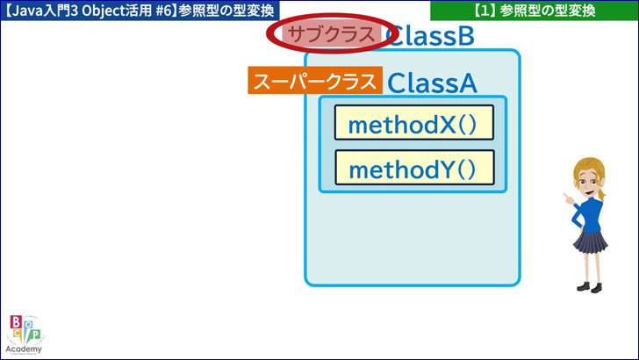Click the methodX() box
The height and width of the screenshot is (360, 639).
click(414, 122)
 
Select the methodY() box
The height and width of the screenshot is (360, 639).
click(414, 168)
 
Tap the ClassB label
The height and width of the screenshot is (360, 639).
click(430, 35)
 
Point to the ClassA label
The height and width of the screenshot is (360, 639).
click(432, 83)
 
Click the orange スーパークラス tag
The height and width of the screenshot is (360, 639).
click(315, 80)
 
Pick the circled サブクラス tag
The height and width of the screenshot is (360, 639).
click(332, 34)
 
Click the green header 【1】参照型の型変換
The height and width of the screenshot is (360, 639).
click(535, 11)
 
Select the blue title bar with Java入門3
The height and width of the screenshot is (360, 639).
click(140, 11)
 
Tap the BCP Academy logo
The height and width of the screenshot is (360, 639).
click(25, 334)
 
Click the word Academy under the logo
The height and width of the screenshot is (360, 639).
click(24, 349)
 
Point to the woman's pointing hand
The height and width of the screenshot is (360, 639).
click(569, 198)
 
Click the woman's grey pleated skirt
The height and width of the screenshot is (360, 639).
click(591, 241)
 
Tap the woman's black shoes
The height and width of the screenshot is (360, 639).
click(590, 287)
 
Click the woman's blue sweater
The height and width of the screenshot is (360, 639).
click(588, 215)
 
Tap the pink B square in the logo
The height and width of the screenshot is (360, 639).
click(16, 322)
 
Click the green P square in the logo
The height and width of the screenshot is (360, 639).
click(36, 335)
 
